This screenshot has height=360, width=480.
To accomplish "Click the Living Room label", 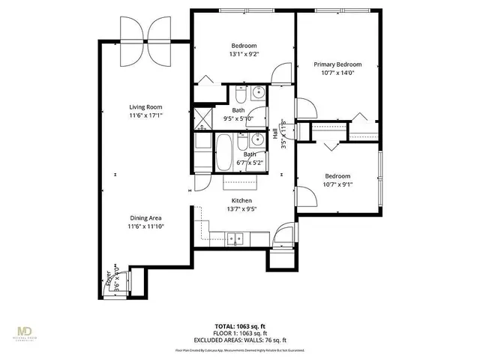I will (145, 107).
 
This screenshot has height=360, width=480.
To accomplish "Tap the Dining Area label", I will (145, 217).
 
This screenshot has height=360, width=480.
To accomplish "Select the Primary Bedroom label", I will (337, 64).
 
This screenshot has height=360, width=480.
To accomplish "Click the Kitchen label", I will (241, 200).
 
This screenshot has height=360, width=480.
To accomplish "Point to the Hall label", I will (275, 133).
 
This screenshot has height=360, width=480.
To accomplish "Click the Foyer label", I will (109, 280).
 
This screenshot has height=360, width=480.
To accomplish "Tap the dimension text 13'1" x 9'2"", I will (244, 54).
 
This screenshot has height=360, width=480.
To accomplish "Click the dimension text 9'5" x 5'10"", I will (237, 118).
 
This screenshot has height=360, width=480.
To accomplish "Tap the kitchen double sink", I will (236, 240).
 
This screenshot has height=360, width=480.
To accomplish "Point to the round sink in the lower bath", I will (257, 140).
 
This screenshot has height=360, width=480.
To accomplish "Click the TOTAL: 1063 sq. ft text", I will (240, 327).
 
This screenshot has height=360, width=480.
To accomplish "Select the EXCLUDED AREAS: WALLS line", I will (240, 339).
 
